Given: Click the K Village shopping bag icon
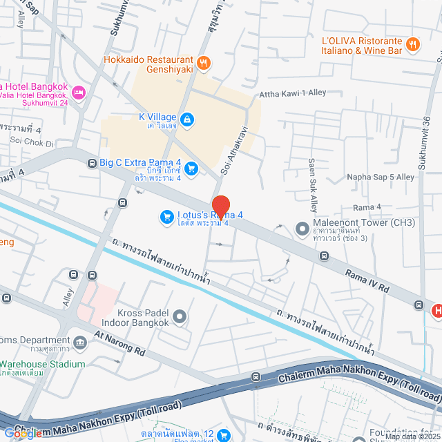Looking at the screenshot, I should tap(188, 120).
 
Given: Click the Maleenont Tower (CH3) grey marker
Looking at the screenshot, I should tap(301, 227).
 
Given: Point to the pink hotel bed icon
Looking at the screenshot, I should tap(79, 92).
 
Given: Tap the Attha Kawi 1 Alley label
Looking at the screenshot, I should tap(292, 93).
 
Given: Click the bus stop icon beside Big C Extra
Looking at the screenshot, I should tap(91, 164).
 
